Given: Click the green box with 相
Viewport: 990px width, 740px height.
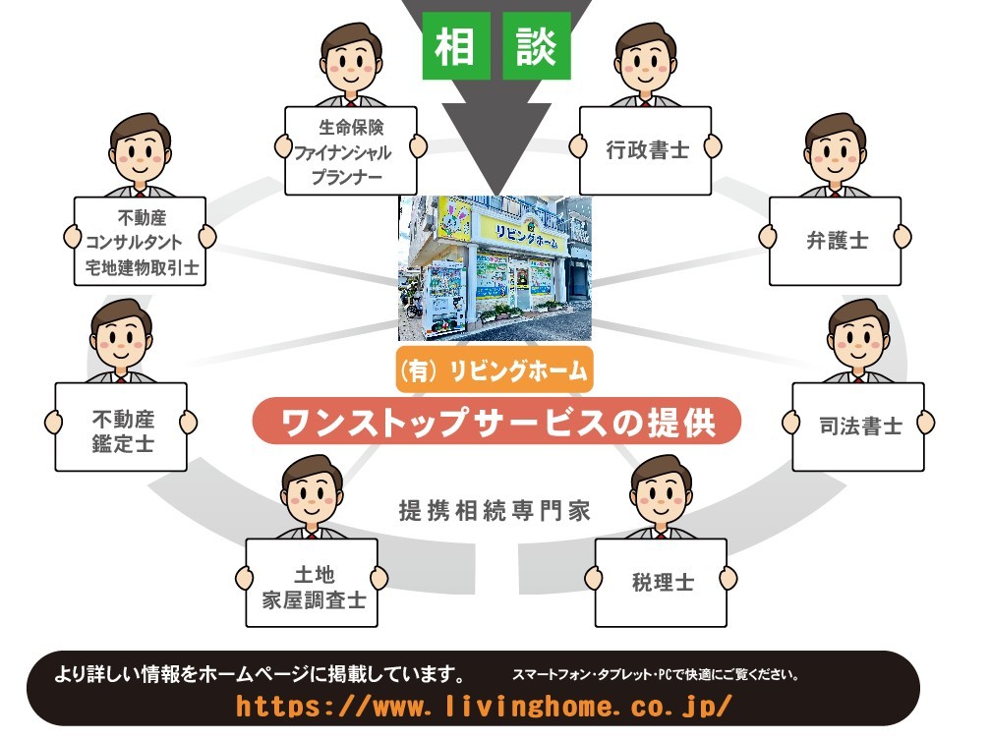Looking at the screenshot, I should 456,46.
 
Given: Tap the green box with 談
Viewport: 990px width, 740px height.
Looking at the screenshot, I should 536,46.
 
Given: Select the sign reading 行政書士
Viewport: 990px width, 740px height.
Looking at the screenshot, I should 645,150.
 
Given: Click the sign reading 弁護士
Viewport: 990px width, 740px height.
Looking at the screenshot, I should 835,241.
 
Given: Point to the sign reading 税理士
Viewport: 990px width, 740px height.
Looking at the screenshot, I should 661,582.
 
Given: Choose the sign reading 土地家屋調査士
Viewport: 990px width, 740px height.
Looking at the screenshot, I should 312,583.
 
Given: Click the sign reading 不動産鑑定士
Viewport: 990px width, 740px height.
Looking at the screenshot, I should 121,426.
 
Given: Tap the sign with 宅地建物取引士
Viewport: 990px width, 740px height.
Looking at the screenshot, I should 141,241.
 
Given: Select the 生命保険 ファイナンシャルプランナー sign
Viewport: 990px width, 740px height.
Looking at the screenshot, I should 351,150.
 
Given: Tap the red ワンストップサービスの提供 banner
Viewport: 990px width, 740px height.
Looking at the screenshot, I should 495,423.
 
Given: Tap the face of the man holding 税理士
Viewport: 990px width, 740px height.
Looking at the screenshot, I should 663,492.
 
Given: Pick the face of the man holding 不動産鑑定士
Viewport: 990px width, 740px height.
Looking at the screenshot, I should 122,337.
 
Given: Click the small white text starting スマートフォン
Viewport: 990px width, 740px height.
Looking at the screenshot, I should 655,676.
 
